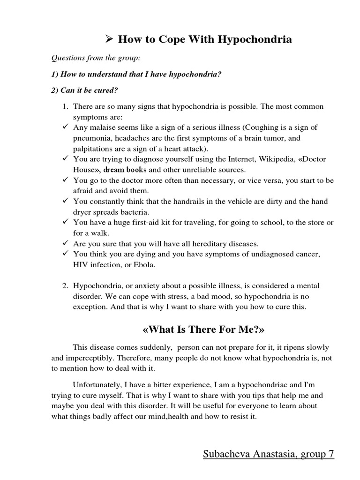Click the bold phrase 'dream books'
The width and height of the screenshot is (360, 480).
coord(123,170)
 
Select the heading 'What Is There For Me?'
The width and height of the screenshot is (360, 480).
coord(203,330)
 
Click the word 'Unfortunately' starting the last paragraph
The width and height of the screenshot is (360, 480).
coord(94,385)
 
